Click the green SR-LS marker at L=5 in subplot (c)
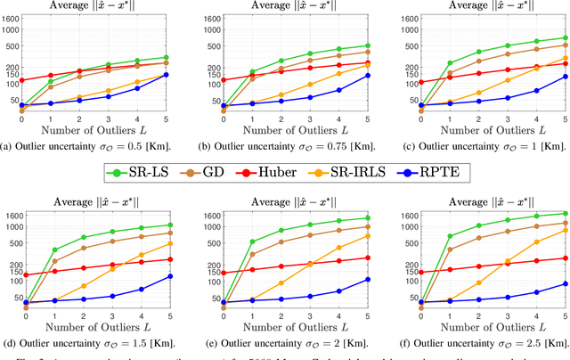565,37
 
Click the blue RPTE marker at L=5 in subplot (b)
368,76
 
